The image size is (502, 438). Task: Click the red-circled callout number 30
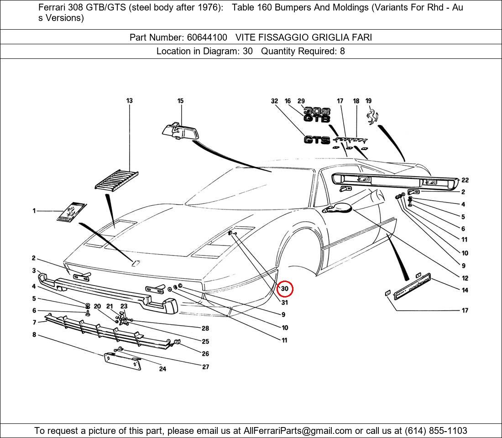(285, 289)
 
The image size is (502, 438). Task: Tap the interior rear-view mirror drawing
(181, 131)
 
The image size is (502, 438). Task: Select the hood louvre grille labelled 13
(116, 179)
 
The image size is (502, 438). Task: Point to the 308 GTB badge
(317, 115)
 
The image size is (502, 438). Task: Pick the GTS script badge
(317, 140)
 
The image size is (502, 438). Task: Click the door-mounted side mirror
(338, 209)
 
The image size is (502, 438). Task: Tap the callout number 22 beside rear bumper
(465, 180)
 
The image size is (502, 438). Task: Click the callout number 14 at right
(465, 290)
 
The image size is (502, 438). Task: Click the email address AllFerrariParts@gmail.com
(298, 431)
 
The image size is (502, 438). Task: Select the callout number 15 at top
(180, 101)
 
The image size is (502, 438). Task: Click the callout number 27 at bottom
(205, 367)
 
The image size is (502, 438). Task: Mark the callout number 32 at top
(274, 101)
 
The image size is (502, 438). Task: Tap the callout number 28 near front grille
(205, 328)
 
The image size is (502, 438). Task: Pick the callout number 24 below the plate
(162, 369)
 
